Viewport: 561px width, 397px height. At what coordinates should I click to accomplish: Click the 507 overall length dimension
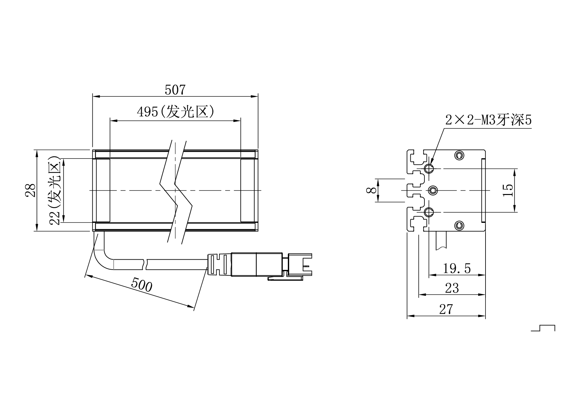coord(175,90)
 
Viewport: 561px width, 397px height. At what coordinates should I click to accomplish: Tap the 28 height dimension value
coord(30,190)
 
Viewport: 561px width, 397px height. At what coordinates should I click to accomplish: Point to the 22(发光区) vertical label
coord(55,190)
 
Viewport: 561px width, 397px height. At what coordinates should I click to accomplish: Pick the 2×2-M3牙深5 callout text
coord(488,120)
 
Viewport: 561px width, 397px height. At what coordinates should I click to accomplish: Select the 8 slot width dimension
coord(371,190)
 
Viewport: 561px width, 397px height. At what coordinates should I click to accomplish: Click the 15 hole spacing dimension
coord(508,190)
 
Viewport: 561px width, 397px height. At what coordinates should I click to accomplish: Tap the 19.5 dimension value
coord(457,268)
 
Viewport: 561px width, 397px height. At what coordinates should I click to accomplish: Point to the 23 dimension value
coord(452,288)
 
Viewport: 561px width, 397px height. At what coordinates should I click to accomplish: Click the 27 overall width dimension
coord(446,309)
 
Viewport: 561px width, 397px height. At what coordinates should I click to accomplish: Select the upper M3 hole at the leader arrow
coord(429,168)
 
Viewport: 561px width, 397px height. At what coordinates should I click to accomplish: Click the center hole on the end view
coord(433,190)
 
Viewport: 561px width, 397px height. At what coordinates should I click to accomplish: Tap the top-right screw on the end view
coord(459,155)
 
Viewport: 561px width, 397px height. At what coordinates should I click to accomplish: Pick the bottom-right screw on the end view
coord(459,225)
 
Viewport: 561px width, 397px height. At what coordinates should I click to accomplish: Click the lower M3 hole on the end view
coord(429,212)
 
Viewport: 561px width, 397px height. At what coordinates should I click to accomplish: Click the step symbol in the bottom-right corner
coord(543,328)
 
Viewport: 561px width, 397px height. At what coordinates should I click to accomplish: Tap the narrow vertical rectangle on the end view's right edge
coord(483,190)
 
